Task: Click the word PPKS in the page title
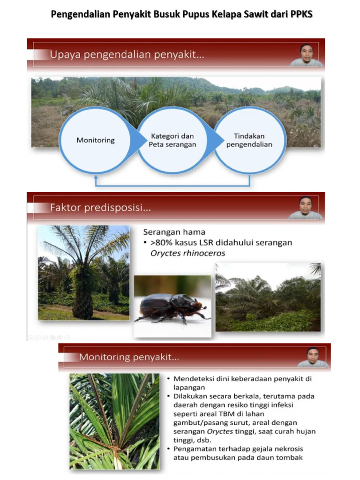[301, 15]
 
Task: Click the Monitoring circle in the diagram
[96, 140]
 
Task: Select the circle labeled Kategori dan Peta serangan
[172, 140]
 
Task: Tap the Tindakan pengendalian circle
[249, 140]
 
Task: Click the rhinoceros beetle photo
[172, 306]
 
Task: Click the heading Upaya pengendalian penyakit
[127, 54]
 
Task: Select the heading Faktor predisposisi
[100, 207]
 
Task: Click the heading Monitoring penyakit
[129, 357]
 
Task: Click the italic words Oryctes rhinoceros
[187, 253]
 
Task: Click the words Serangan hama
[174, 232]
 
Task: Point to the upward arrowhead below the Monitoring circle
[96, 178]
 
